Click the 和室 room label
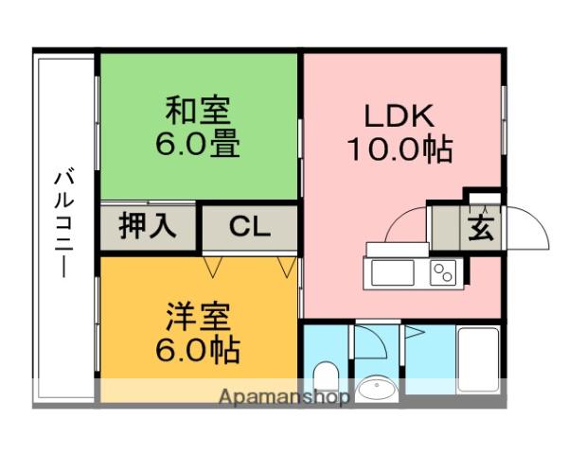(x=198, y=111)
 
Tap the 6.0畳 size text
(x=198, y=144)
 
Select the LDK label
(x=399, y=115)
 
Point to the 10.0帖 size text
(x=399, y=148)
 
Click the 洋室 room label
(x=198, y=317)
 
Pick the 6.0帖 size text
(x=198, y=350)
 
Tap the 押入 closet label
(x=148, y=226)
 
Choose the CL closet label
(x=250, y=227)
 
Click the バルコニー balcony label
(x=64, y=222)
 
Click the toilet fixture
(x=326, y=376)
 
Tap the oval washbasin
(x=377, y=390)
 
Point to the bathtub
(x=478, y=359)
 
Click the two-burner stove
(x=443, y=273)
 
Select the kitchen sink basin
(x=393, y=273)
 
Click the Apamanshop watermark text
(x=284, y=397)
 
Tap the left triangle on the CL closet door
(x=213, y=267)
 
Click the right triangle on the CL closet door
(x=287, y=267)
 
